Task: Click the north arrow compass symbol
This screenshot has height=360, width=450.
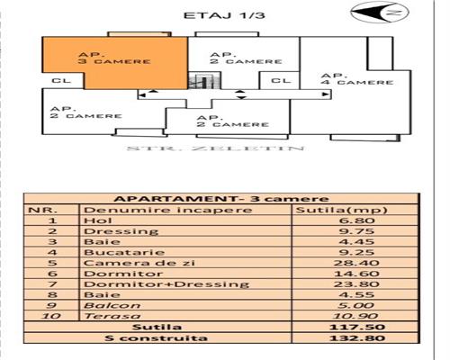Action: pos(380,12)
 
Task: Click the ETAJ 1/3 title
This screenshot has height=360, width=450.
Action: pos(224,15)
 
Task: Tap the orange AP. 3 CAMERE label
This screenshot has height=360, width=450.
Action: pos(114,58)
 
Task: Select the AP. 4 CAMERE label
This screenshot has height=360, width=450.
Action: pos(357,79)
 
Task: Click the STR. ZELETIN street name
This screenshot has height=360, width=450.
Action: pos(215,148)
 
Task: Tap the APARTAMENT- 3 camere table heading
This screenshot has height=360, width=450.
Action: pos(221,199)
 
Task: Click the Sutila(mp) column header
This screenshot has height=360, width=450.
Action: pos(342,210)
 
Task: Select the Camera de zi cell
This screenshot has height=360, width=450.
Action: pos(139,263)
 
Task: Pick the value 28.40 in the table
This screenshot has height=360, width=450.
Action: pos(356,263)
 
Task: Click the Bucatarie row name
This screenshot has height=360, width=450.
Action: pos(124,252)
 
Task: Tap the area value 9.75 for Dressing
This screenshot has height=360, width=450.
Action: pos(356,231)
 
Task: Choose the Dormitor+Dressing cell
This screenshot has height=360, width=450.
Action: pos(166,284)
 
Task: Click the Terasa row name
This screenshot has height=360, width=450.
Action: pos(112,316)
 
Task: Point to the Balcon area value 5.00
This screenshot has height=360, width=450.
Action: pos(356,305)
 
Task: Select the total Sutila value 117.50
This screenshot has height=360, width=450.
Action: pos(357,327)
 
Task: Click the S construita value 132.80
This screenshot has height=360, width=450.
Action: pos(357,337)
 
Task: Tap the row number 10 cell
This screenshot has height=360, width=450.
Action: pos(51,316)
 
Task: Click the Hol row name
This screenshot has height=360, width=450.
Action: pos(98,220)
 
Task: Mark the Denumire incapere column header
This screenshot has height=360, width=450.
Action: pos(168,210)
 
